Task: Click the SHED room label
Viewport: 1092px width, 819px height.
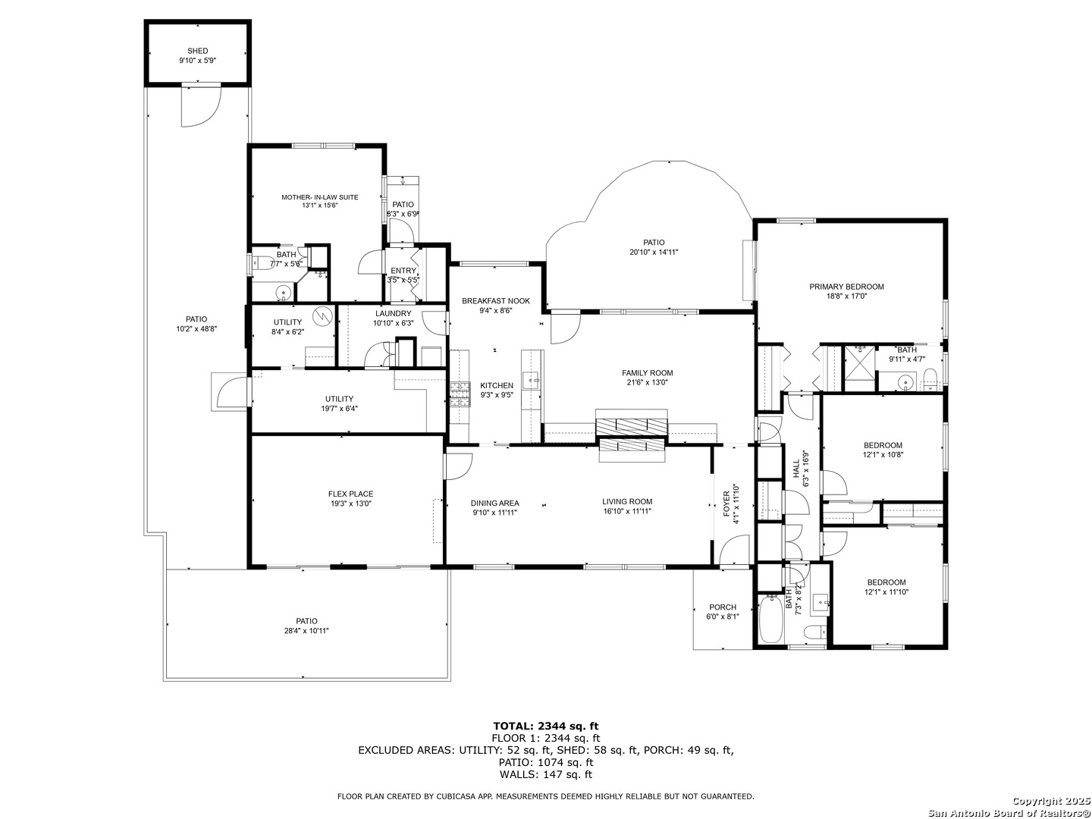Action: [197, 51]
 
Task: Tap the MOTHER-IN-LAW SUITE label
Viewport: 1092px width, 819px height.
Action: [320, 197]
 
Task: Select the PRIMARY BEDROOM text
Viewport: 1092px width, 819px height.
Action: [846, 287]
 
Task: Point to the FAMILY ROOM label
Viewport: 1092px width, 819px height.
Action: [648, 373]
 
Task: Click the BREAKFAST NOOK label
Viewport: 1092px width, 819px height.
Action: [495, 301]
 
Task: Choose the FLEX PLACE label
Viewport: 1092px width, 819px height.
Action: [351, 494]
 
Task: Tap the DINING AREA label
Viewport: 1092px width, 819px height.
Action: [495, 503]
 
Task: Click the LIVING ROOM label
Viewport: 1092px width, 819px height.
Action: [627, 502]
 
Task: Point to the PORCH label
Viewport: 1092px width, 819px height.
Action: [723, 607]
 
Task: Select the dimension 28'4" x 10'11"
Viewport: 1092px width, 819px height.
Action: [306, 631]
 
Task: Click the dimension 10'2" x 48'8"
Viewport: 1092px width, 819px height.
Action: [196, 329]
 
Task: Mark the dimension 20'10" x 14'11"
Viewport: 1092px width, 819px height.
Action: [654, 252]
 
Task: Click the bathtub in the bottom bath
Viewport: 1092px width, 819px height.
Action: [770, 620]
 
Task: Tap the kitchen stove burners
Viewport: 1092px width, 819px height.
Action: [460, 394]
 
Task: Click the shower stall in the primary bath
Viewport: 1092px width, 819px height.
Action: [860, 369]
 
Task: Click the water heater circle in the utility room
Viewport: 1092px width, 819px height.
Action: [322, 315]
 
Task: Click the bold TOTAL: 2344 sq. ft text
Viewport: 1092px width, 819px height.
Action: [546, 726]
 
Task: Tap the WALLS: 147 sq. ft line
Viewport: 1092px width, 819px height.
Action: [546, 774]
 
